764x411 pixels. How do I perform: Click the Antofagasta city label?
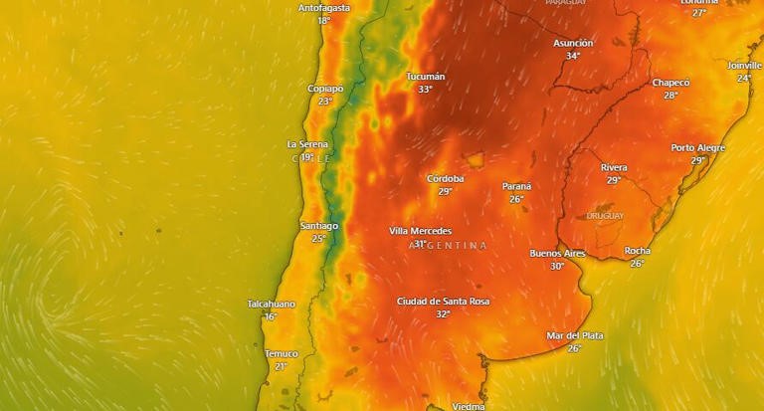pyautogui.click(x=323, y=8)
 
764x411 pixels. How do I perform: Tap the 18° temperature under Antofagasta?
pyautogui.click(x=323, y=21)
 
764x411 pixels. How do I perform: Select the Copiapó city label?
pyautogui.click(x=325, y=89)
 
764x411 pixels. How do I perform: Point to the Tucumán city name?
pyautogui.click(x=425, y=77)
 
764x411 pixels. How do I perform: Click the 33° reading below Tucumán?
pyautogui.click(x=425, y=90)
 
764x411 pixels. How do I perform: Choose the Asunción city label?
pyautogui.click(x=573, y=44)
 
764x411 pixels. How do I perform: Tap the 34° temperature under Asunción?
pyautogui.click(x=573, y=57)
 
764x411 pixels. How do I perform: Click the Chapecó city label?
pyautogui.click(x=670, y=83)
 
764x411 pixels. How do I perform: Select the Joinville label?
pyautogui.click(x=745, y=66)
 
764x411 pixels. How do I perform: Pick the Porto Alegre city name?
pyautogui.click(x=697, y=148)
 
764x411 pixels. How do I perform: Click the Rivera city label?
pyautogui.click(x=614, y=167)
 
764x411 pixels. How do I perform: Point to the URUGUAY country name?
pyautogui.click(x=605, y=216)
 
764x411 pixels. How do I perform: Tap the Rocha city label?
pyautogui.click(x=637, y=251)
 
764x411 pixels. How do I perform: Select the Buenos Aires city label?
pyautogui.click(x=557, y=254)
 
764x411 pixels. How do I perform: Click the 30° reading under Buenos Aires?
pyautogui.click(x=557, y=267)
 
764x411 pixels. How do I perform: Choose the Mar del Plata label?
pyautogui.click(x=575, y=335)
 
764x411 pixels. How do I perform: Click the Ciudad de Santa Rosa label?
pyautogui.click(x=443, y=302)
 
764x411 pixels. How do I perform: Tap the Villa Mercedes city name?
pyautogui.click(x=420, y=231)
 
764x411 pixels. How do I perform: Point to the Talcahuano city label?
pyautogui.click(x=271, y=304)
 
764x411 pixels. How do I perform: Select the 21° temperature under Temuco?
pyautogui.click(x=281, y=367)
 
